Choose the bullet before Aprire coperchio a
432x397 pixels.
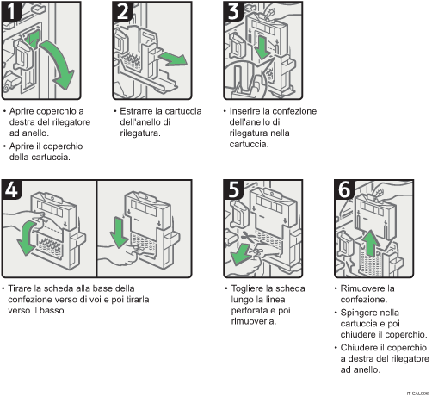tap(6, 112)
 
